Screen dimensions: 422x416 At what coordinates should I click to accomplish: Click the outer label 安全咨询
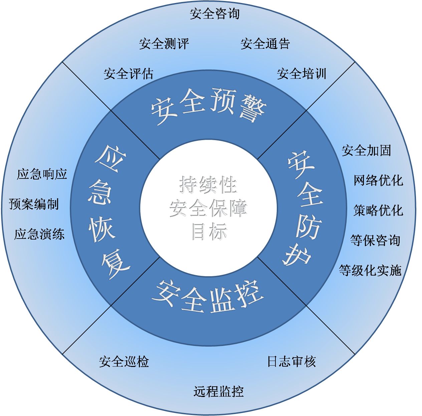pos(215,14)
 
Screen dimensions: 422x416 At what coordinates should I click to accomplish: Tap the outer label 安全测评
pos(164,44)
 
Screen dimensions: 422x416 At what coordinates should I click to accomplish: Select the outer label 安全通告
pos(265,44)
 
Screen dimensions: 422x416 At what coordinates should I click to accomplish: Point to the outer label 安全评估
pos(129,73)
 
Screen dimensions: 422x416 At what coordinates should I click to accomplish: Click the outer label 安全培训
pos(302,73)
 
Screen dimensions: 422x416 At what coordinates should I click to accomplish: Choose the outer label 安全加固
pos(366,150)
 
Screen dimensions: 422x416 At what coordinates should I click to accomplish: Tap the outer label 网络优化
pos(378,180)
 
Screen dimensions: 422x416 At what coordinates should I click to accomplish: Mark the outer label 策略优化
pos(378,211)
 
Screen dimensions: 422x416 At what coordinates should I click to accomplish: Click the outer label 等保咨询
pos(375,240)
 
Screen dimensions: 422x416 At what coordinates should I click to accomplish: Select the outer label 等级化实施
pos(370,271)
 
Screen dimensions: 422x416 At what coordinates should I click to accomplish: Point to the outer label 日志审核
pos(292,362)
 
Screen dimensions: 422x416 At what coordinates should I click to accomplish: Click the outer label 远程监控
pos(219,392)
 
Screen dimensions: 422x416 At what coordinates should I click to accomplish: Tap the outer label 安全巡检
pos(124,362)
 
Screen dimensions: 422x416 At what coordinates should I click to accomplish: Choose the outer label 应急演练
pos(39,234)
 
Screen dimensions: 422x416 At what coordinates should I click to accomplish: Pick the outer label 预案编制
pos(34,204)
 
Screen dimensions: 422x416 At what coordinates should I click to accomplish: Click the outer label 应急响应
pos(42,174)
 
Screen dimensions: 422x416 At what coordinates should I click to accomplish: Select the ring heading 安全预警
pos(209,106)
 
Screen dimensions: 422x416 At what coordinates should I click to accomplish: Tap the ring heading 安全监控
pos(208,297)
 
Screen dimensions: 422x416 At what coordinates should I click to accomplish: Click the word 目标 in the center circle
pos(209,232)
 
